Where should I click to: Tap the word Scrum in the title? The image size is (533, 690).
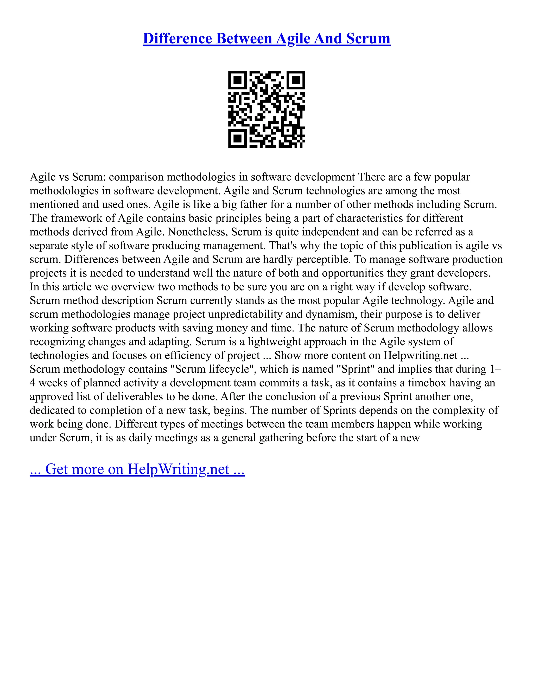368,39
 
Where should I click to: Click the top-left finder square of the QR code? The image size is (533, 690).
237,80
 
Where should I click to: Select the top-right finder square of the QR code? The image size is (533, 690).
296,80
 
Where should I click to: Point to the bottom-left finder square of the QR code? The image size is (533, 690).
237,138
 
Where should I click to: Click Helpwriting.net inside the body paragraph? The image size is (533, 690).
420,355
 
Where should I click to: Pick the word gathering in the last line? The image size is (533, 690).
278,438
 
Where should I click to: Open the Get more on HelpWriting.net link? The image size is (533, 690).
137,469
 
